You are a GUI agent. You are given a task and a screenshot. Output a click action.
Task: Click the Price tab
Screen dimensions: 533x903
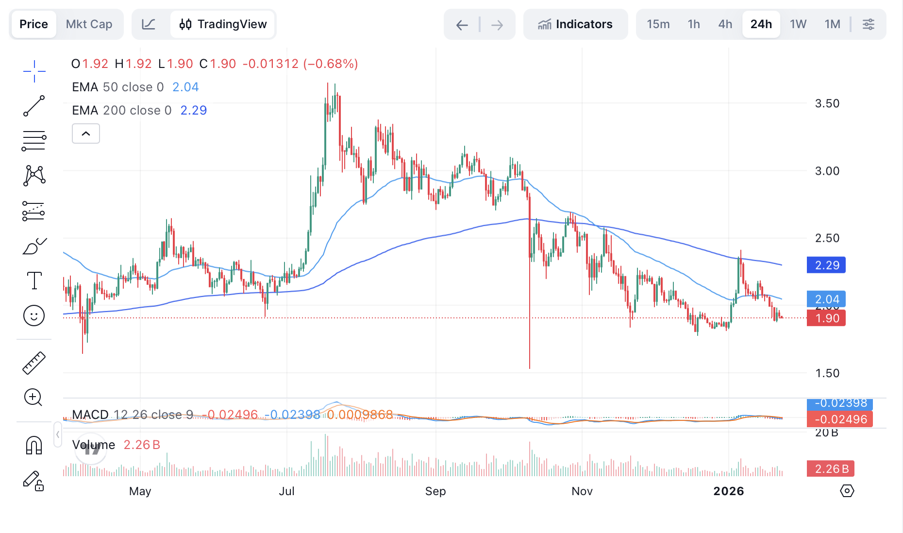[x=33, y=24]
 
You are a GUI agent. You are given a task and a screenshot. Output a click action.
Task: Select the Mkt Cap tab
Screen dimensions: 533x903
[x=89, y=24]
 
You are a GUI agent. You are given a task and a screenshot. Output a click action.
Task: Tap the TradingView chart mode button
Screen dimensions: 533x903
[x=223, y=24]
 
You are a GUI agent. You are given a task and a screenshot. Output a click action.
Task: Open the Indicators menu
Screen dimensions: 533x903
[x=575, y=24]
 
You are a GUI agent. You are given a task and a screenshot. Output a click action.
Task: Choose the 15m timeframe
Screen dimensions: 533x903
[x=658, y=24]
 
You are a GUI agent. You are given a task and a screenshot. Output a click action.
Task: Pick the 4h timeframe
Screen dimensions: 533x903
[x=725, y=24]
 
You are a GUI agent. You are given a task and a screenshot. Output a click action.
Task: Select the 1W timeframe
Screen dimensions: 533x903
[x=798, y=24]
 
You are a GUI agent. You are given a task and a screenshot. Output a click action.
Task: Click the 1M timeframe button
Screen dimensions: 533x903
[x=832, y=24]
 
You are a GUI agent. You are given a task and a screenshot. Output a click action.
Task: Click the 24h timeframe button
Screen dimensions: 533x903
[x=761, y=24]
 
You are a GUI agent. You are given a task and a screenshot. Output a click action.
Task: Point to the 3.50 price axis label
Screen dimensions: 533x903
[x=827, y=103]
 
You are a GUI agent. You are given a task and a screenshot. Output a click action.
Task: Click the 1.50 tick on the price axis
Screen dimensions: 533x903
[x=827, y=373]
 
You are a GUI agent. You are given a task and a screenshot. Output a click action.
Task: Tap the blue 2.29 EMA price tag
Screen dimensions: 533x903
[x=826, y=265]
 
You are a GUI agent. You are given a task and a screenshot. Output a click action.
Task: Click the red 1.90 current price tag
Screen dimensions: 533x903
[x=826, y=318]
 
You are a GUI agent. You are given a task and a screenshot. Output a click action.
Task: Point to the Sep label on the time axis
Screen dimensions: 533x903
[x=435, y=491]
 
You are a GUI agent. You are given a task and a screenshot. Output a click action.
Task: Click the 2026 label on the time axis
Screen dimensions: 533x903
[x=728, y=491]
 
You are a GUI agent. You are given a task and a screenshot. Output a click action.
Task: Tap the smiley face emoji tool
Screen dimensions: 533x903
[x=34, y=316]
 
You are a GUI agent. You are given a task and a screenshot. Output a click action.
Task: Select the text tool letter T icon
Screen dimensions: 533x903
[x=34, y=281]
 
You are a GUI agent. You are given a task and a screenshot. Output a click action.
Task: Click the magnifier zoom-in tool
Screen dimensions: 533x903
[x=33, y=398]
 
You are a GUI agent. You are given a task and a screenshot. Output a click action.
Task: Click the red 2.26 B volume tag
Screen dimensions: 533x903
[x=831, y=469]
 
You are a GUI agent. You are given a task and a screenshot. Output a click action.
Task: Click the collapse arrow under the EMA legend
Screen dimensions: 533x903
[x=86, y=133]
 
